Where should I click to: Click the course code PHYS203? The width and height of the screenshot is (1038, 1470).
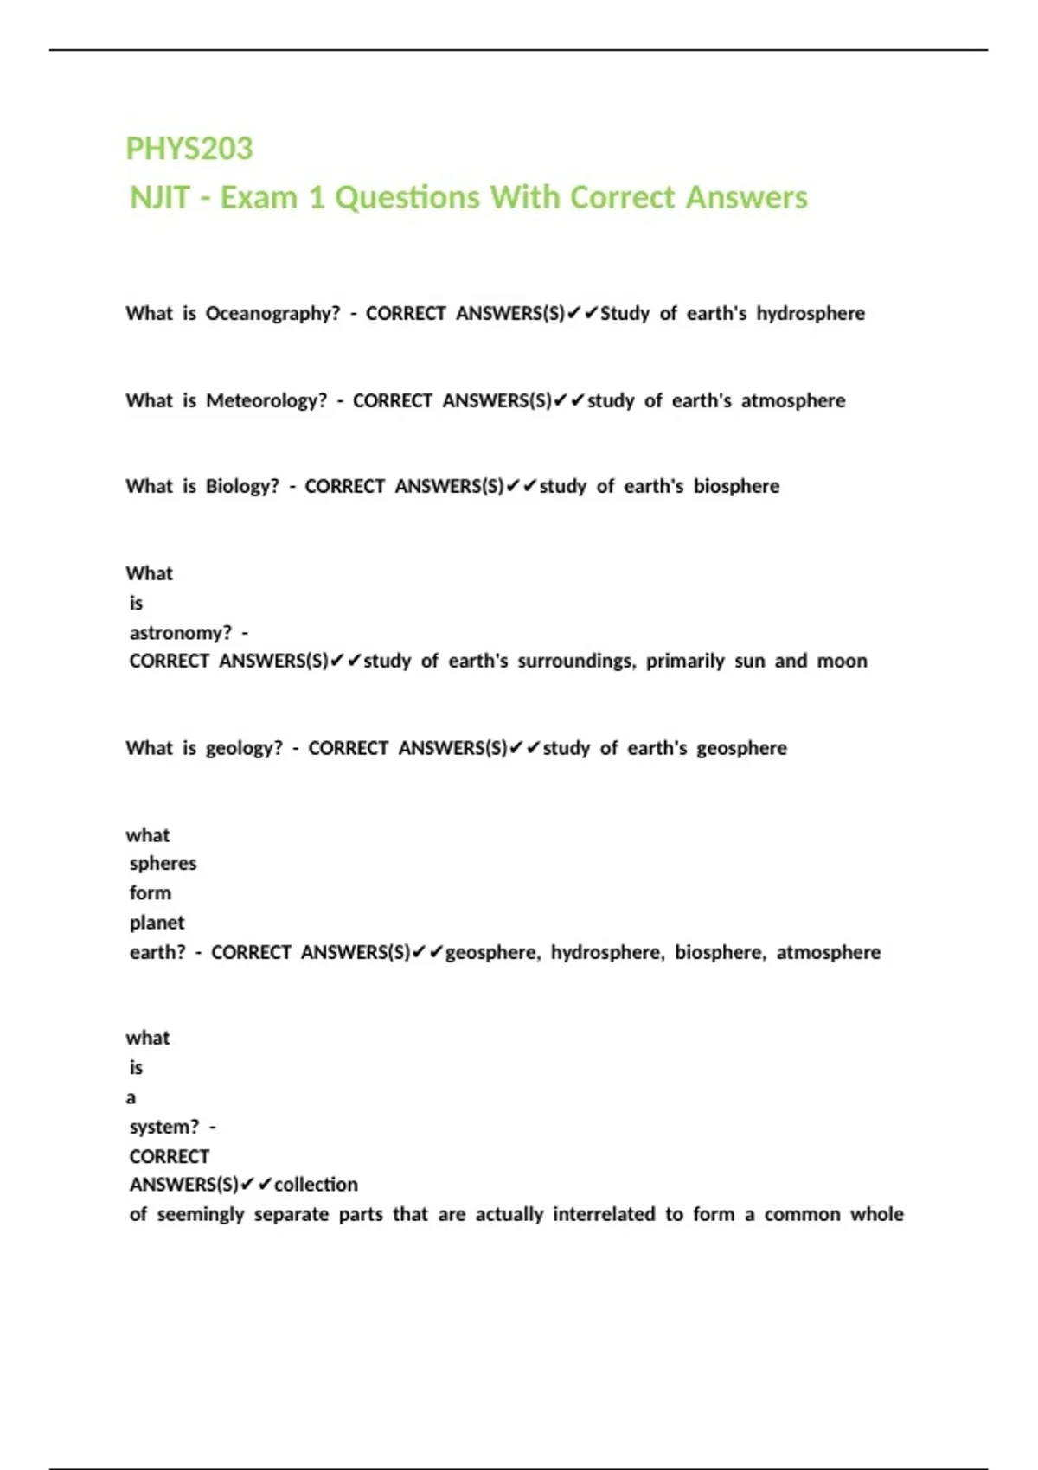tap(189, 149)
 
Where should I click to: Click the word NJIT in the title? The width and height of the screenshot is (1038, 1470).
tap(160, 198)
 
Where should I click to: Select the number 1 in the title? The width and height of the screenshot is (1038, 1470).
tap(317, 198)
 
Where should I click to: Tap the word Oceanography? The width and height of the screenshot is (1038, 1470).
tap(272, 314)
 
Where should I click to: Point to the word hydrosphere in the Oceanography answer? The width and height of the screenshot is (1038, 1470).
tap(811, 314)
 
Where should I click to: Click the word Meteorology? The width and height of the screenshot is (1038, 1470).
tap(266, 401)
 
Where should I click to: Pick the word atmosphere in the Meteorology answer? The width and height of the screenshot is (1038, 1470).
tap(793, 401)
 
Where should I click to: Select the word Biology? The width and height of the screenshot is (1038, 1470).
tap(242, 487)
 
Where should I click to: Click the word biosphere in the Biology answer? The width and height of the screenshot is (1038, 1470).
tap(736, 487)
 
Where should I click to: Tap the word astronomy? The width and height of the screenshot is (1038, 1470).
tap(181, 633)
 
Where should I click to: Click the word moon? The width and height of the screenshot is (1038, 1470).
tap(842, 661)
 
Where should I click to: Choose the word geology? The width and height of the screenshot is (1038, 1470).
tap(244, 749)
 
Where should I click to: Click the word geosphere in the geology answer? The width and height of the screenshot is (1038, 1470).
tap(741, 749)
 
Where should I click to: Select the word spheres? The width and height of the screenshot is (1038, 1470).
tap(163, 864)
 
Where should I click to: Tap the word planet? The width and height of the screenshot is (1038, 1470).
tap(157, 923)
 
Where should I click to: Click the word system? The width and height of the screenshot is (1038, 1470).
tap(164, 1128)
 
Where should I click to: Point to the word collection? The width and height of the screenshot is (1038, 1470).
tap(316, 1185)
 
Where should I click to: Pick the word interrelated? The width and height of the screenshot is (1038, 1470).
tap(604, 1215)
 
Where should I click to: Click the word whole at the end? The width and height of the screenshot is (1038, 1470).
tap(876, 1215)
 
